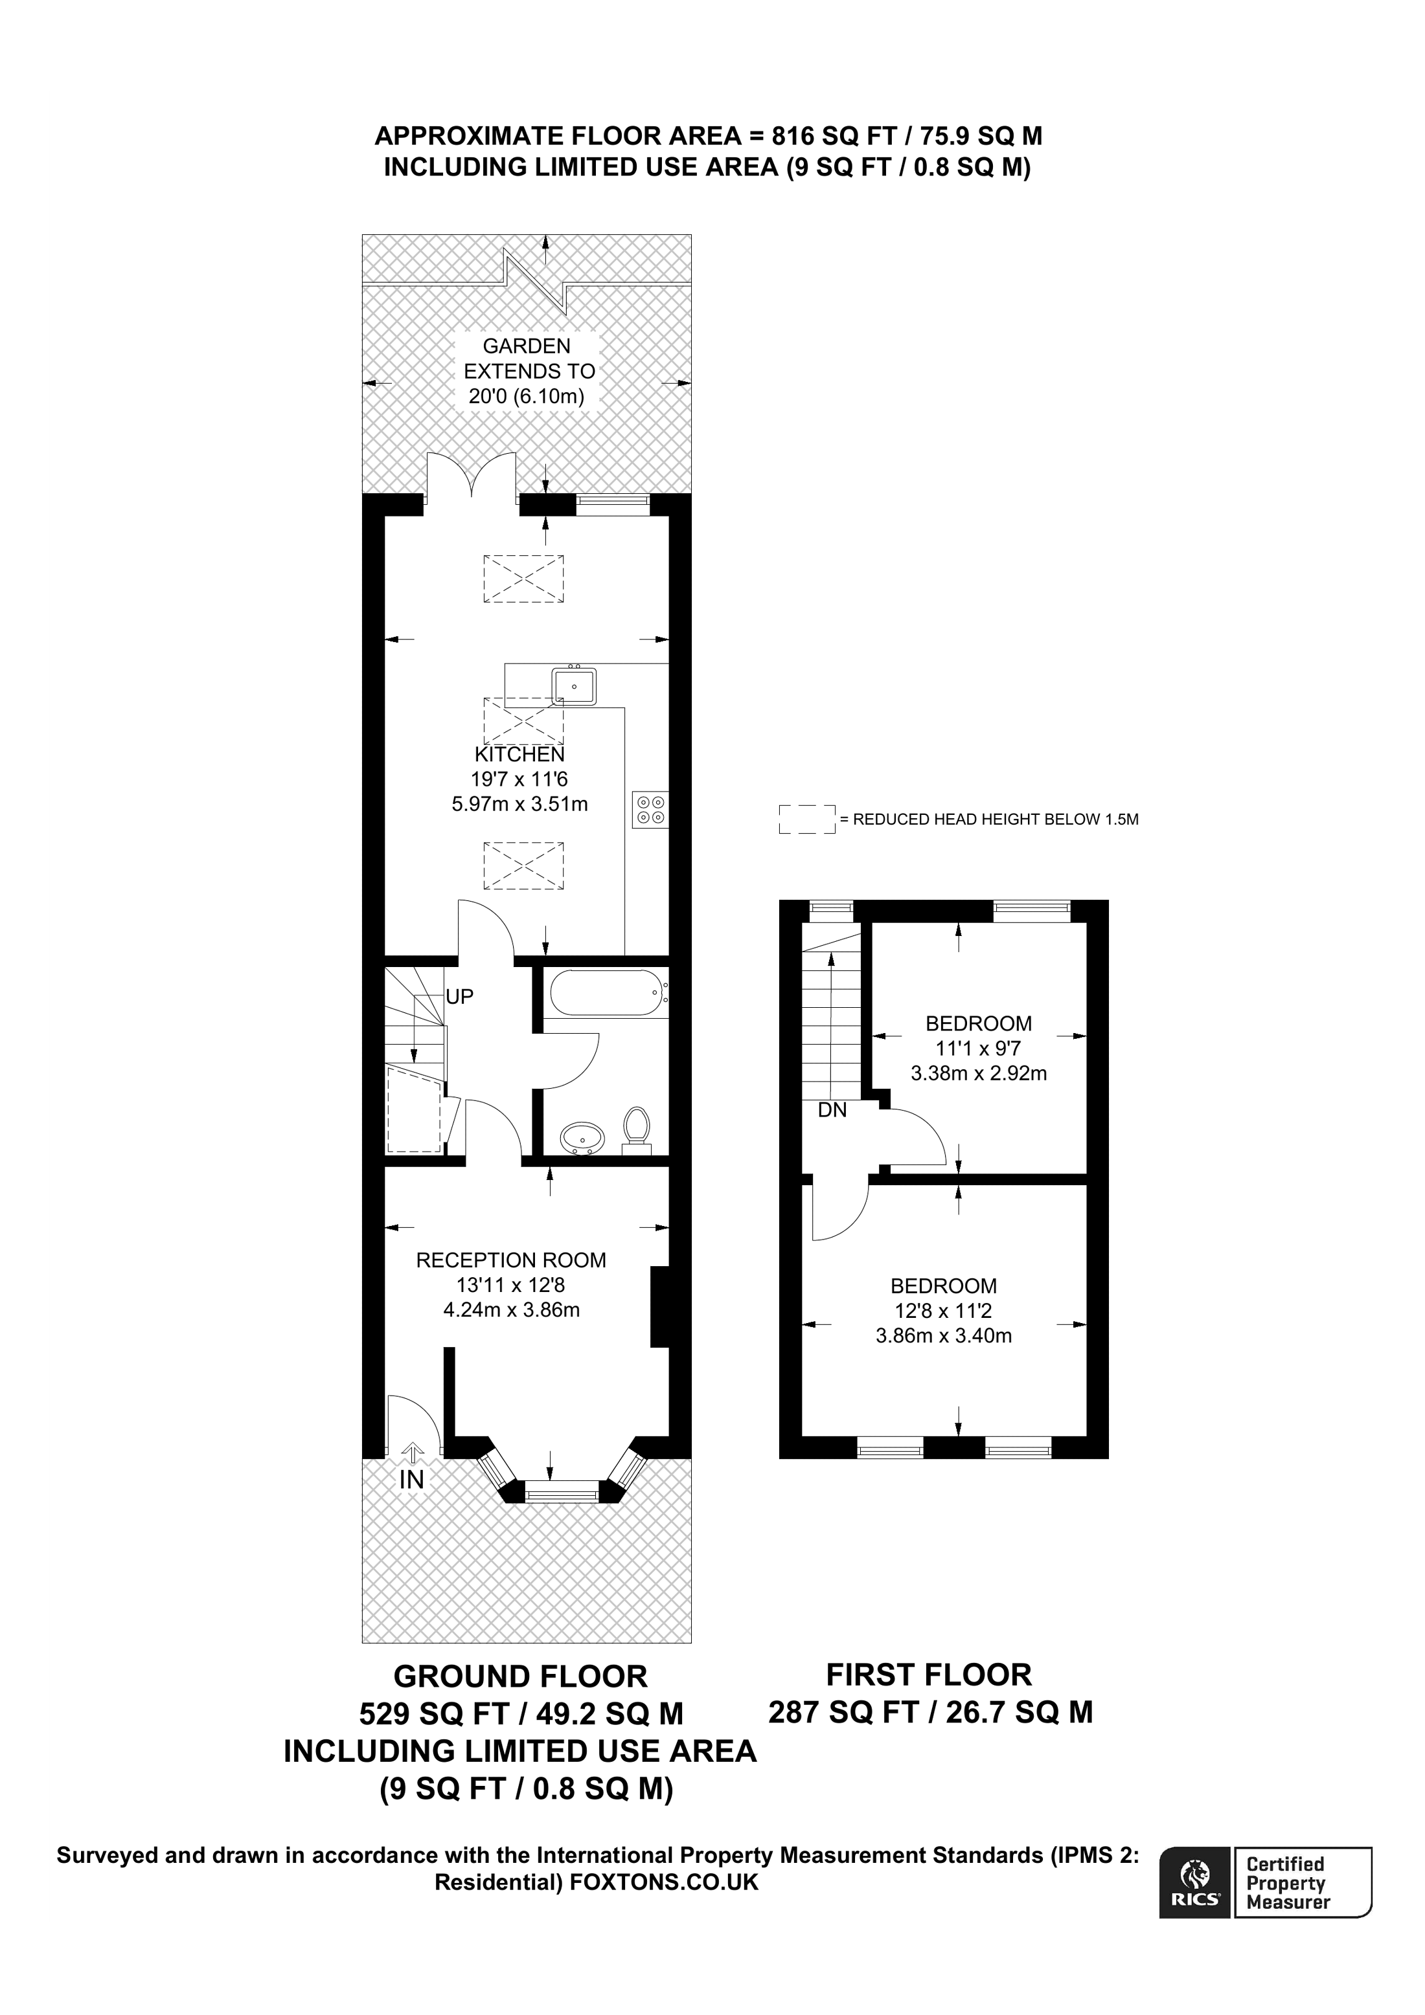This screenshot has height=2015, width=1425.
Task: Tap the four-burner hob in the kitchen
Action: pos(650,809)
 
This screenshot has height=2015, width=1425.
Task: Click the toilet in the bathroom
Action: pos(635,1128)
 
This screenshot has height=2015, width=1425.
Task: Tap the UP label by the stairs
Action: pos(459,996)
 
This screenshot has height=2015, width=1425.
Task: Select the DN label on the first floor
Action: pos(832,1110)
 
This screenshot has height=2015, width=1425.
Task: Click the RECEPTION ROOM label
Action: pos(511,1260)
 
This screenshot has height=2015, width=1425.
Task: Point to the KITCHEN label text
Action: pos(519,754)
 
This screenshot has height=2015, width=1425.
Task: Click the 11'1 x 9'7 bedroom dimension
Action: pos(978,1048)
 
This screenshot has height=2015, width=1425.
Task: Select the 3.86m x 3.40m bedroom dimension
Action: pos(943,1336)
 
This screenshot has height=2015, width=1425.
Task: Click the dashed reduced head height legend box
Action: pos(806,819)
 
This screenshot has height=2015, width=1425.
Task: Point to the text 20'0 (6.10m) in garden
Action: pos(526,395)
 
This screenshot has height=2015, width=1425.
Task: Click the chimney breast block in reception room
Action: pos(659,1306)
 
